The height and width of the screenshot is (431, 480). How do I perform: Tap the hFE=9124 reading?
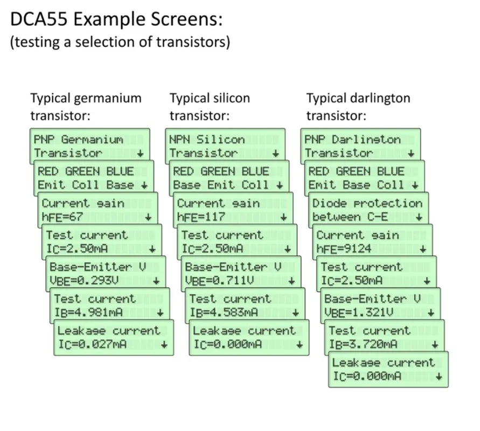click(x=344, y=249)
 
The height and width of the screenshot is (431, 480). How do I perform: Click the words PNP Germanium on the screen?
click(x=78, y=140)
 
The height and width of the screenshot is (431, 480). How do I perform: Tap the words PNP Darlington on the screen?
click(x=352, y=140)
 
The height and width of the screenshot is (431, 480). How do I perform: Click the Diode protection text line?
click(x=367, y=203)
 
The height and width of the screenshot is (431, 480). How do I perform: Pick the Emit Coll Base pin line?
click(x=86, y=185)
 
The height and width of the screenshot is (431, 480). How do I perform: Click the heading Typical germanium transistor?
click(x=86, y=107)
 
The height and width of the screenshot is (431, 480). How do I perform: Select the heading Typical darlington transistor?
click(x=358, y=107)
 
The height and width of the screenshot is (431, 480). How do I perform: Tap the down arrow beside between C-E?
click(x=419, y=218)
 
